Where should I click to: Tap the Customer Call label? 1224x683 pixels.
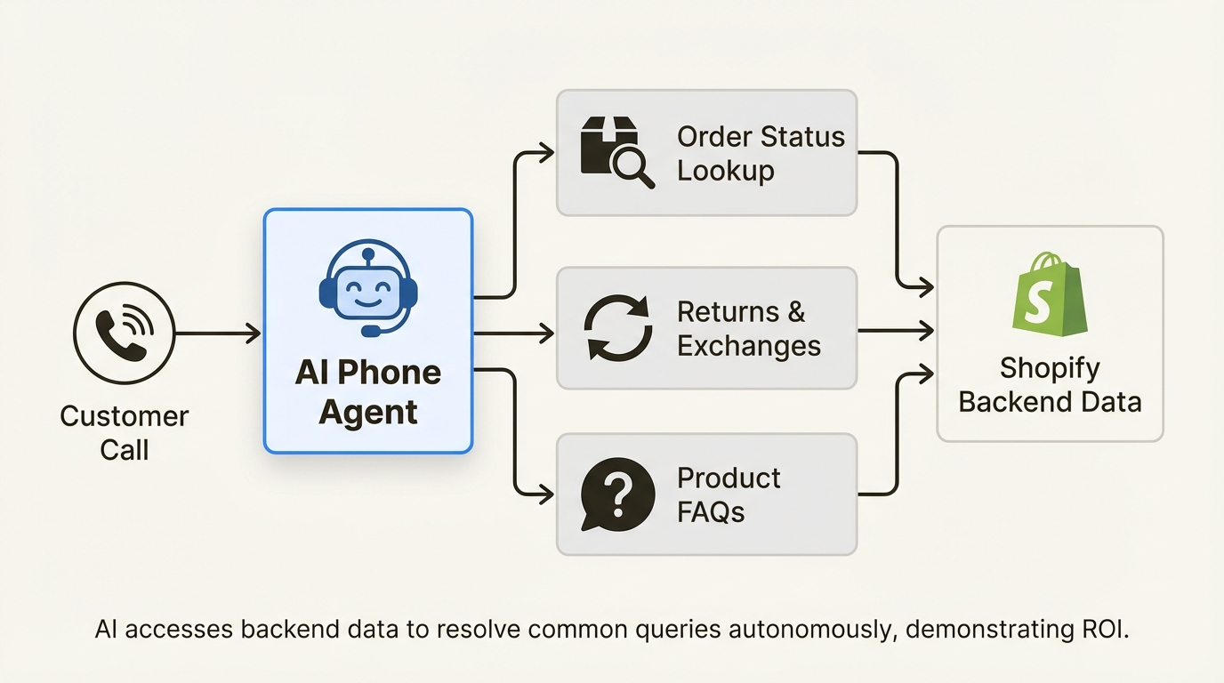[124, 433]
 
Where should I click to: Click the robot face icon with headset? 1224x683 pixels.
[367, 287]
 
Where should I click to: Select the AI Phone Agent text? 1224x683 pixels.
[367, 392]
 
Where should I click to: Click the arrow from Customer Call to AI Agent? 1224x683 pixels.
[218, 333]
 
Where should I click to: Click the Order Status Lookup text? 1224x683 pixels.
[760, 153]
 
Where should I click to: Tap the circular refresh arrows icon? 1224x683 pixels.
[616, 328]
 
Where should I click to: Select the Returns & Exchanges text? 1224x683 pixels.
[748, 328]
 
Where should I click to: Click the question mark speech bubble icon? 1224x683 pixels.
[616, 494]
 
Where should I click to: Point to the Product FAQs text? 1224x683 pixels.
[728, 494]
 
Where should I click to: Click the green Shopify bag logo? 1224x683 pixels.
[1050, 293]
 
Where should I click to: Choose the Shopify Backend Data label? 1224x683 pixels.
[1050, 384]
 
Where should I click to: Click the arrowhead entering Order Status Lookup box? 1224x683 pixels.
[545, 153]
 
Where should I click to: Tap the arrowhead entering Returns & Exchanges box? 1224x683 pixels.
[545, 333]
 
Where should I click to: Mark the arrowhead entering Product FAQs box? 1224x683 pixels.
[545, 494]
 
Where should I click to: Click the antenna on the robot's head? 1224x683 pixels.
[367, 254]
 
